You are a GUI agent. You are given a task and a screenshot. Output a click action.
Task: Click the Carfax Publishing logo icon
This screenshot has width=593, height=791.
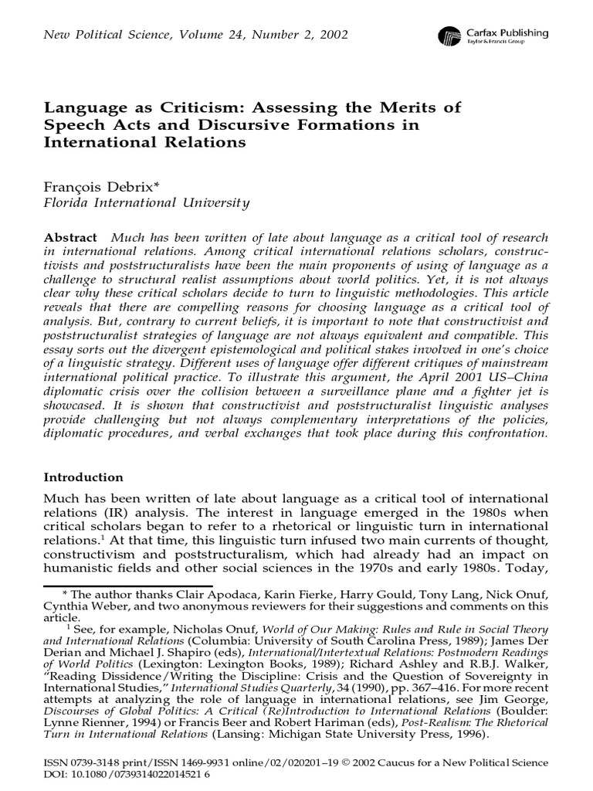click(449, 36)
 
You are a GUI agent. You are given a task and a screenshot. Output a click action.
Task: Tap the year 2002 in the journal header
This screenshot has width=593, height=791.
click(331, 35)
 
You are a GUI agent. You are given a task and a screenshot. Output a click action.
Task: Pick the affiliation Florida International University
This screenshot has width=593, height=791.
click(146, 204)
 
